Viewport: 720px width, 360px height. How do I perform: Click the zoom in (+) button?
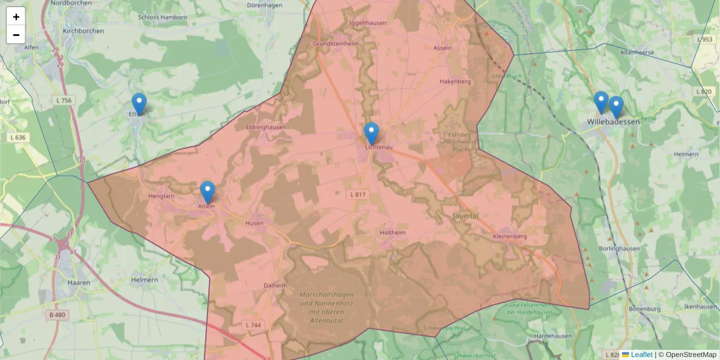[16, 17]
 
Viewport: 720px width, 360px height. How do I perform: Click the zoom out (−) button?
[16, 35]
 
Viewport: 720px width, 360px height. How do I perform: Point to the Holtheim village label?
[393, 233]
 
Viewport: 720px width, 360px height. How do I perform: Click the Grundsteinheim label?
[334, 44]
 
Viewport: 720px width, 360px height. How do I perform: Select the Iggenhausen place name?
[368, 23]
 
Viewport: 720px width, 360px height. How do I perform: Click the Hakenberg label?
[455, 82]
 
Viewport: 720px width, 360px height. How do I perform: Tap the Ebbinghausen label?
[266, 128]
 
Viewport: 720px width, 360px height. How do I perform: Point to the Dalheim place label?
[275, 286]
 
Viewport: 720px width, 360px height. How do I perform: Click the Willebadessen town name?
[614, 122]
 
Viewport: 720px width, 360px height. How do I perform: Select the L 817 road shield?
[358, 194]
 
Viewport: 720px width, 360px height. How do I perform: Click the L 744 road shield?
[254, 325]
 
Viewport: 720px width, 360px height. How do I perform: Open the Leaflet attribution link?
[641, 355]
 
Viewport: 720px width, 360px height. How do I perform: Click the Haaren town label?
[79, 282]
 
